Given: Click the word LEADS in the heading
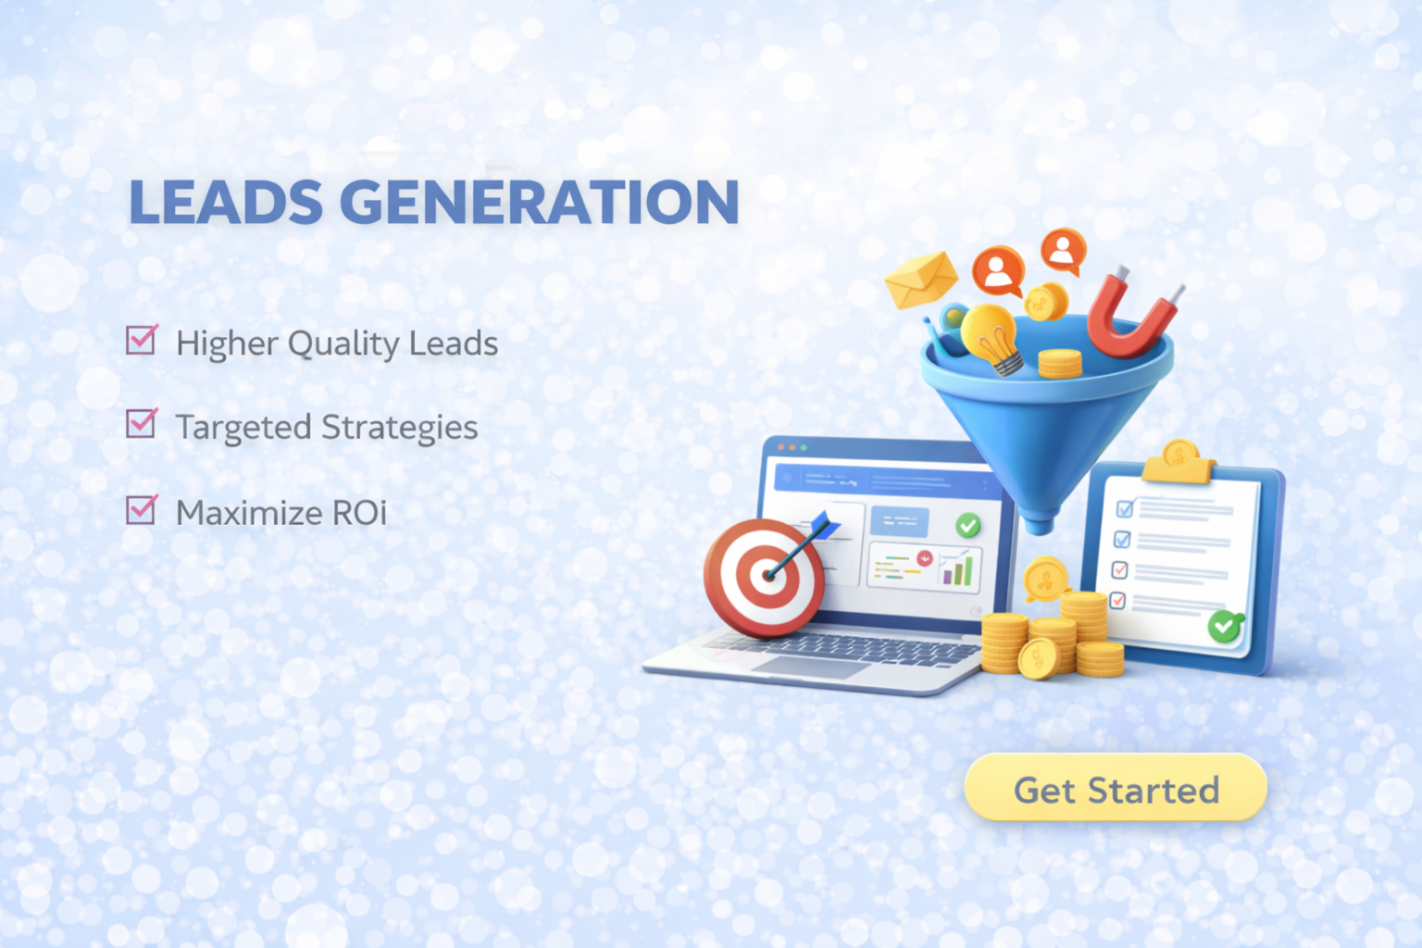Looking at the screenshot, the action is [x=225, y=201].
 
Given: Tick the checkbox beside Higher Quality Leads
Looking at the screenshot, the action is [x=141, y=340].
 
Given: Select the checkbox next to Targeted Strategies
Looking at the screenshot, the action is [x=141, y=423].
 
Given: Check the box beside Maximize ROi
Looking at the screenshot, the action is [x=141, y=509].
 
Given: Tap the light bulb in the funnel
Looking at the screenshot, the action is [x=992, y=338].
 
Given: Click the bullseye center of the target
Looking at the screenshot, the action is [x=767, y=577].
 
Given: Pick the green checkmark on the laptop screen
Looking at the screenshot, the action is [x=968, y=525].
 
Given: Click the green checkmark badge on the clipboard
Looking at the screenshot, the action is [x=1225, y=627].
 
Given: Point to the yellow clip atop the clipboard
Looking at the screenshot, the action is [x=1179, y=462].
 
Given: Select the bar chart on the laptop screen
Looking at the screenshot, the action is [x=957, y=569].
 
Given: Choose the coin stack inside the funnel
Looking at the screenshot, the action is [x=1059, y=364].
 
